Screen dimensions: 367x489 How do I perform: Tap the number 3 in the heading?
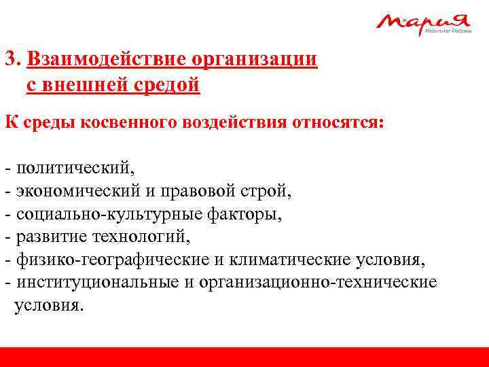[10, 59]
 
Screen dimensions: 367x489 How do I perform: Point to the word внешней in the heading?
[79, 86]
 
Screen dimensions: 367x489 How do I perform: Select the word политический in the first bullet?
[75, 167]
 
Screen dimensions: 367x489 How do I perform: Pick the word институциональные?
[97, 282]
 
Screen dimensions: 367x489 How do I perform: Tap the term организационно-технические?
[318, 282]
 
